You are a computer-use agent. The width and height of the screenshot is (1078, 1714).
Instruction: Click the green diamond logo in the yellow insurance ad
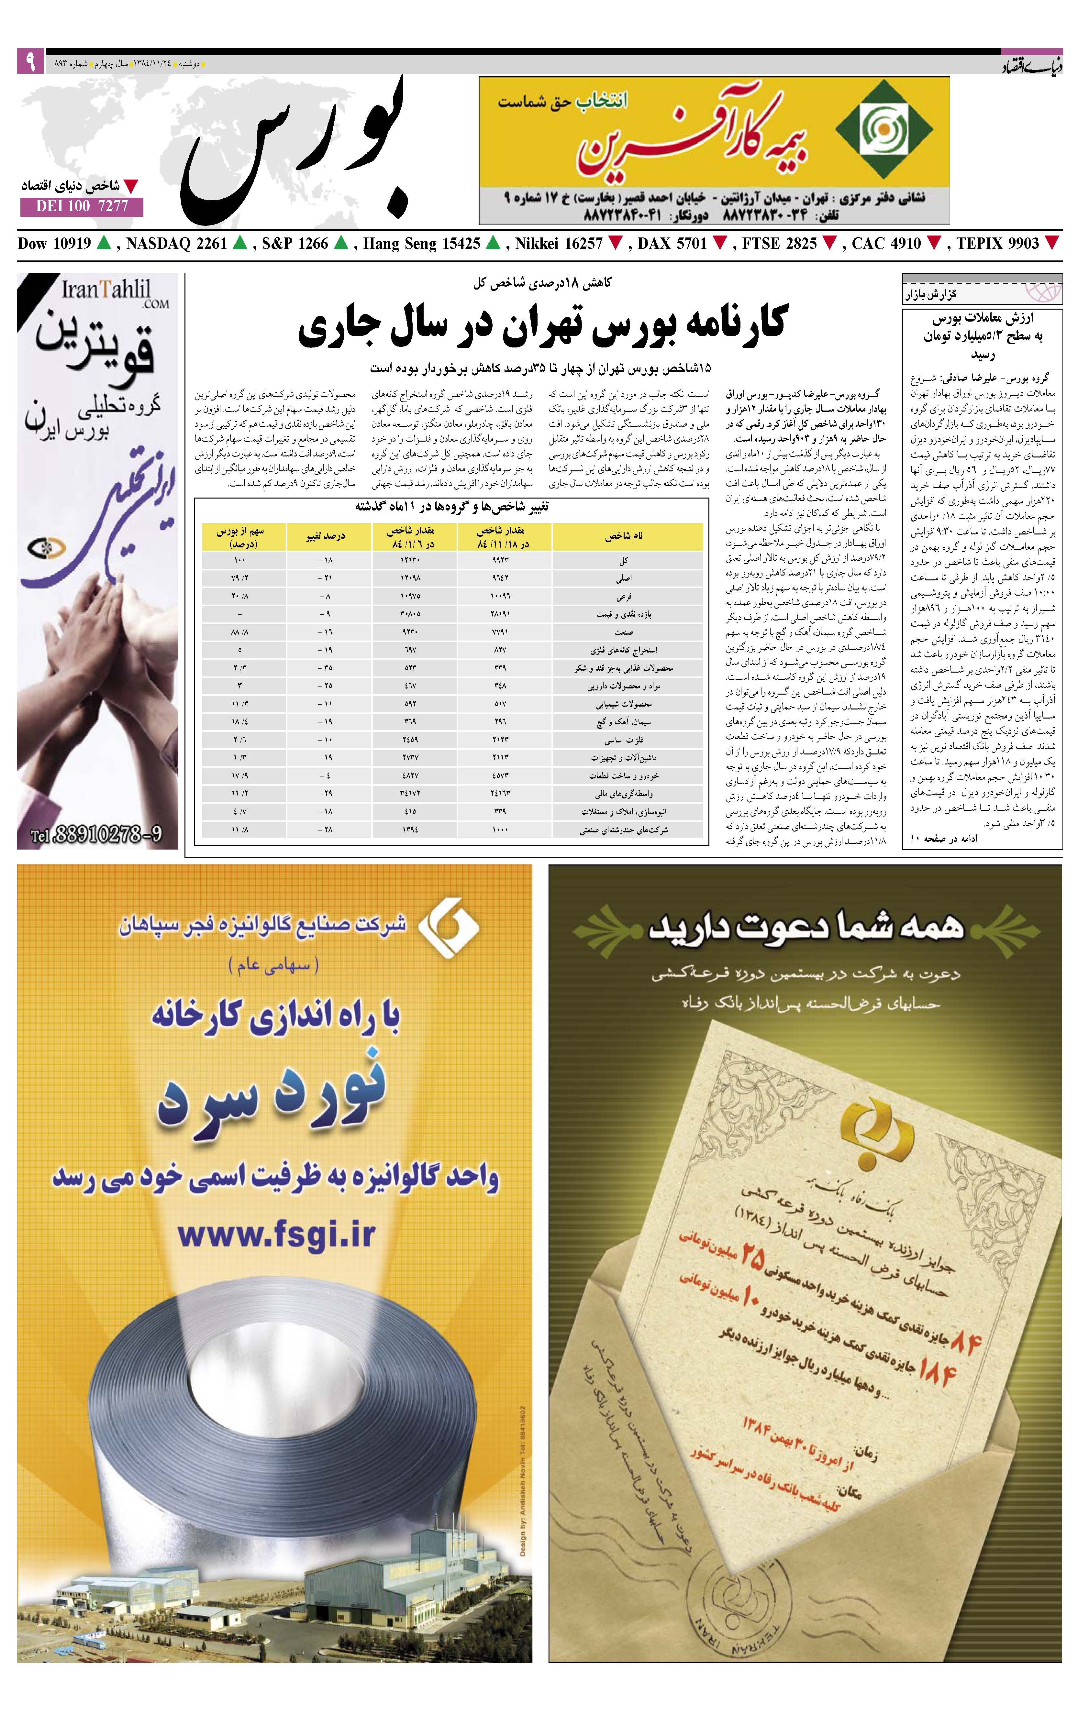point(883,128)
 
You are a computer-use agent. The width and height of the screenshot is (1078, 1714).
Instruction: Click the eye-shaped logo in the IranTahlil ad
point(46,549)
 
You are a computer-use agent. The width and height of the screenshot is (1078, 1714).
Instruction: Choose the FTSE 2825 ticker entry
point(780,243)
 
